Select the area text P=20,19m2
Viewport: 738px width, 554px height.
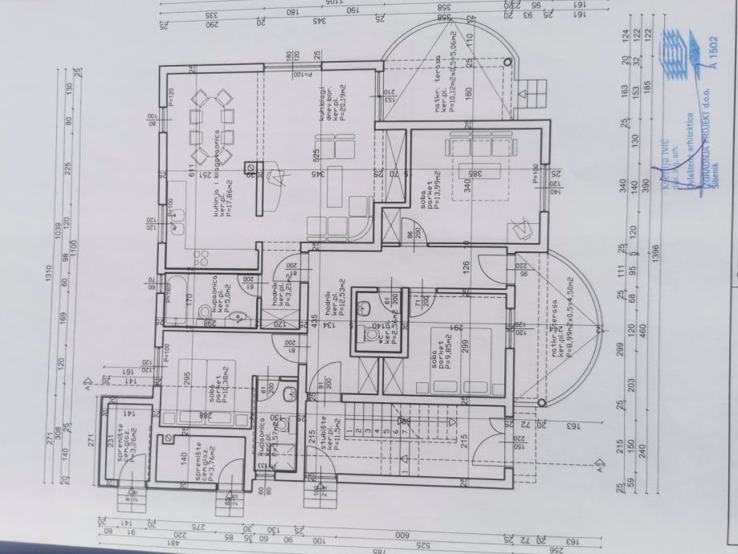point(341,104)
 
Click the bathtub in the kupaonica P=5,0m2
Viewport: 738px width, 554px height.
point(173,299)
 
